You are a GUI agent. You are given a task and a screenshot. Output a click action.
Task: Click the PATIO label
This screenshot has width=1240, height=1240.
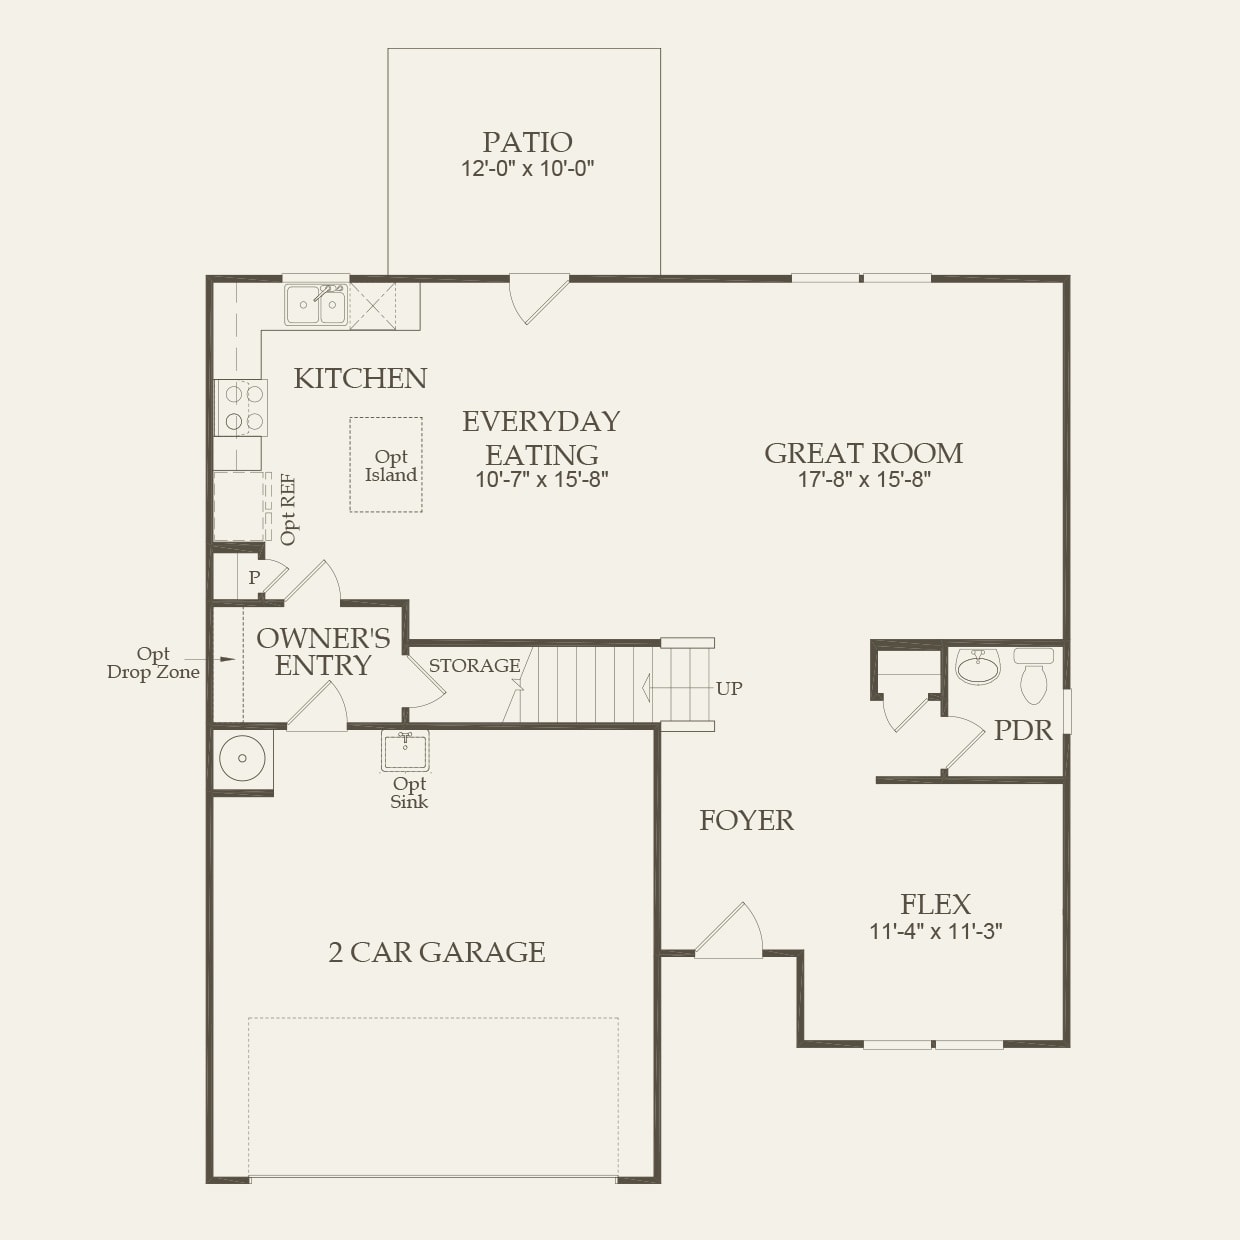click(527, 142)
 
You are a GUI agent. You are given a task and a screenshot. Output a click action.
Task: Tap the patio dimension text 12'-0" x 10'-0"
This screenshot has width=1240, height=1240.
click(527, 169)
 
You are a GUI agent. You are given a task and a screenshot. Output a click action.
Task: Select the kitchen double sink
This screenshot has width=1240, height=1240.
click(315, 304)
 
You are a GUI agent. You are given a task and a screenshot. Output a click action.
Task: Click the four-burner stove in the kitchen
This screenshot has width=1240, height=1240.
click(242, 407)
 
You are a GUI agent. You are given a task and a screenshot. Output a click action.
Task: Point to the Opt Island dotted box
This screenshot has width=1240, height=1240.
click(386, 465)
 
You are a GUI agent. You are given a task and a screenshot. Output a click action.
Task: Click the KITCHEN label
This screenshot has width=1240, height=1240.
click(360, 378)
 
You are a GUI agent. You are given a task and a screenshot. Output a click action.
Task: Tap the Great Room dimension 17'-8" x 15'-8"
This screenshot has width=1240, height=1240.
click(864, 480)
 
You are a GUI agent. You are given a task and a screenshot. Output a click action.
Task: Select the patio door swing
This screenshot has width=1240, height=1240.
click(537, 298)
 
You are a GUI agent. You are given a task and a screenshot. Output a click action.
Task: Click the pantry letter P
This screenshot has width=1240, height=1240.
click(254, 578)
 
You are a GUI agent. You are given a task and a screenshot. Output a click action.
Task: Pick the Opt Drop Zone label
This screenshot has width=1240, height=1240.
click(153, 663)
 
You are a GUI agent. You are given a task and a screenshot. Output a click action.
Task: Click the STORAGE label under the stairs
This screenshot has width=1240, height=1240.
click(474, 666)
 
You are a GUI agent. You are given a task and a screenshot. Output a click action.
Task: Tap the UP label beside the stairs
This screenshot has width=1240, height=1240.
click(729, 689)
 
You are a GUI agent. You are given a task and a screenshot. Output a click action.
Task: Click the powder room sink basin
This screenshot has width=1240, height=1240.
click(977, 667)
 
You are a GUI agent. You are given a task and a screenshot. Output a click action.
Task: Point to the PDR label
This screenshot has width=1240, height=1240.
click(1023, 731)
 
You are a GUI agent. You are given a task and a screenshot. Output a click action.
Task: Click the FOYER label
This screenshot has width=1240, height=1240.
click(746, 821)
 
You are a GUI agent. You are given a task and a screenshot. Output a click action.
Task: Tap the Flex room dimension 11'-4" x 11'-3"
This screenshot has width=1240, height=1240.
click(935, 932)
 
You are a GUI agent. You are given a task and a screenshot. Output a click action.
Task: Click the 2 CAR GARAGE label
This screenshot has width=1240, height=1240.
click(437, 953)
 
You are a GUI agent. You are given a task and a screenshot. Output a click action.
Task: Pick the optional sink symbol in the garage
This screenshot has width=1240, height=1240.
click(405, 751)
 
